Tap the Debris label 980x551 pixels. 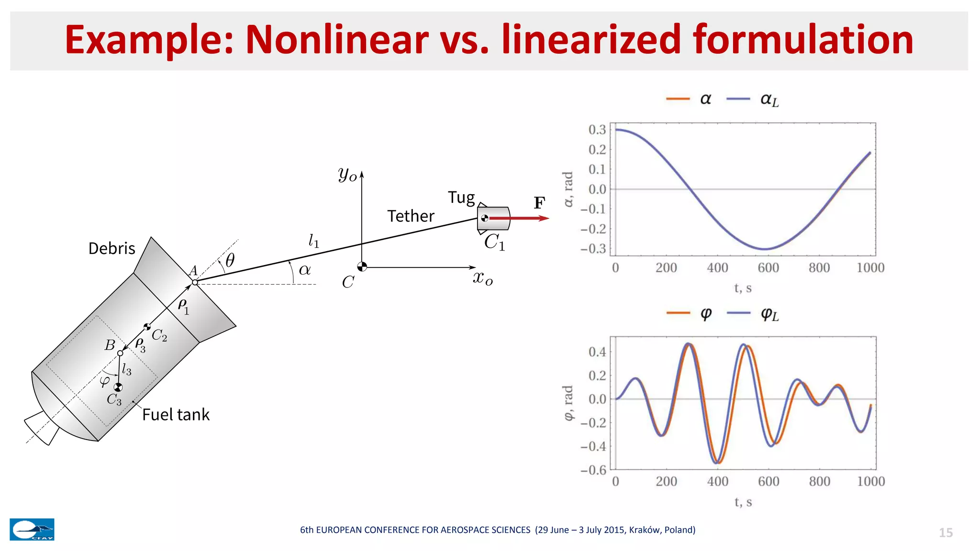click(x=111, y=249)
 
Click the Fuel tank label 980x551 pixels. click(x=176, y=415)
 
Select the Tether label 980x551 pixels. click(x=411, y=216)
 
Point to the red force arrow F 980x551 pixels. click(x=519, y=219)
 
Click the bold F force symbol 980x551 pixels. click(x=539, y=203)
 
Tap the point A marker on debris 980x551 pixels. click(x=195, y=283)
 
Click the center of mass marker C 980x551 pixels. click(x=362, y=267)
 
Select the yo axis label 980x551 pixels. click(x=347, y=174)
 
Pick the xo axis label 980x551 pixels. click(x=482, y=278)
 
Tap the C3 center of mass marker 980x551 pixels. click(x=118, y=387)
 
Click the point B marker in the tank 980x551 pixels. click(x=120, y=353)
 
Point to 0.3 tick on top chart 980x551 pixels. click(x=597, y=130)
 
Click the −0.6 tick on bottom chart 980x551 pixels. click(x=593, y=470)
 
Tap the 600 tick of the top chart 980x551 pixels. click(x=768, y=268)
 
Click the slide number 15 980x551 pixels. click(x=946, y=533)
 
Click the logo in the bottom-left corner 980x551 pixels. click(x=32, y=529)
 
